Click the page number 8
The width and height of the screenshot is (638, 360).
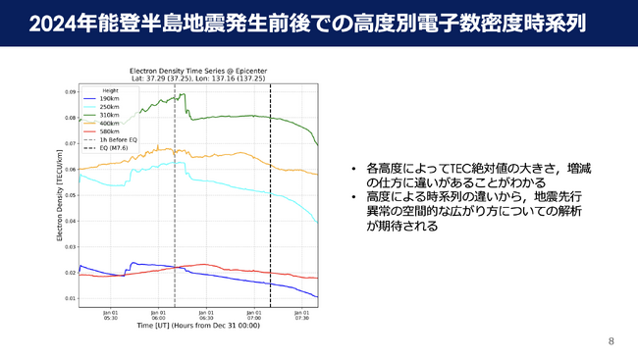pyautogui.click(x=611, y=341)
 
